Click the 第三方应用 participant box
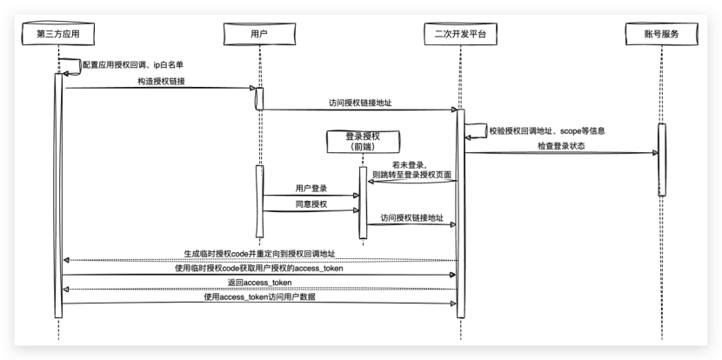click(59, 34)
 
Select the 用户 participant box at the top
click(258, 34)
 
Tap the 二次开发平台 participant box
click(459, 34)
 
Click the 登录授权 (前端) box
click(363, 142)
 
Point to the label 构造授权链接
click(160, 81)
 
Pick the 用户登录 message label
click(311, 188)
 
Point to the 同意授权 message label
click(311, 203)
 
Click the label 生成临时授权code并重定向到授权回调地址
click(259, 254)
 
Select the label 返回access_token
click(259, 283)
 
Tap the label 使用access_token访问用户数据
click(259, 298)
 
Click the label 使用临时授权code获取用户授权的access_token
click(259, 269)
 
